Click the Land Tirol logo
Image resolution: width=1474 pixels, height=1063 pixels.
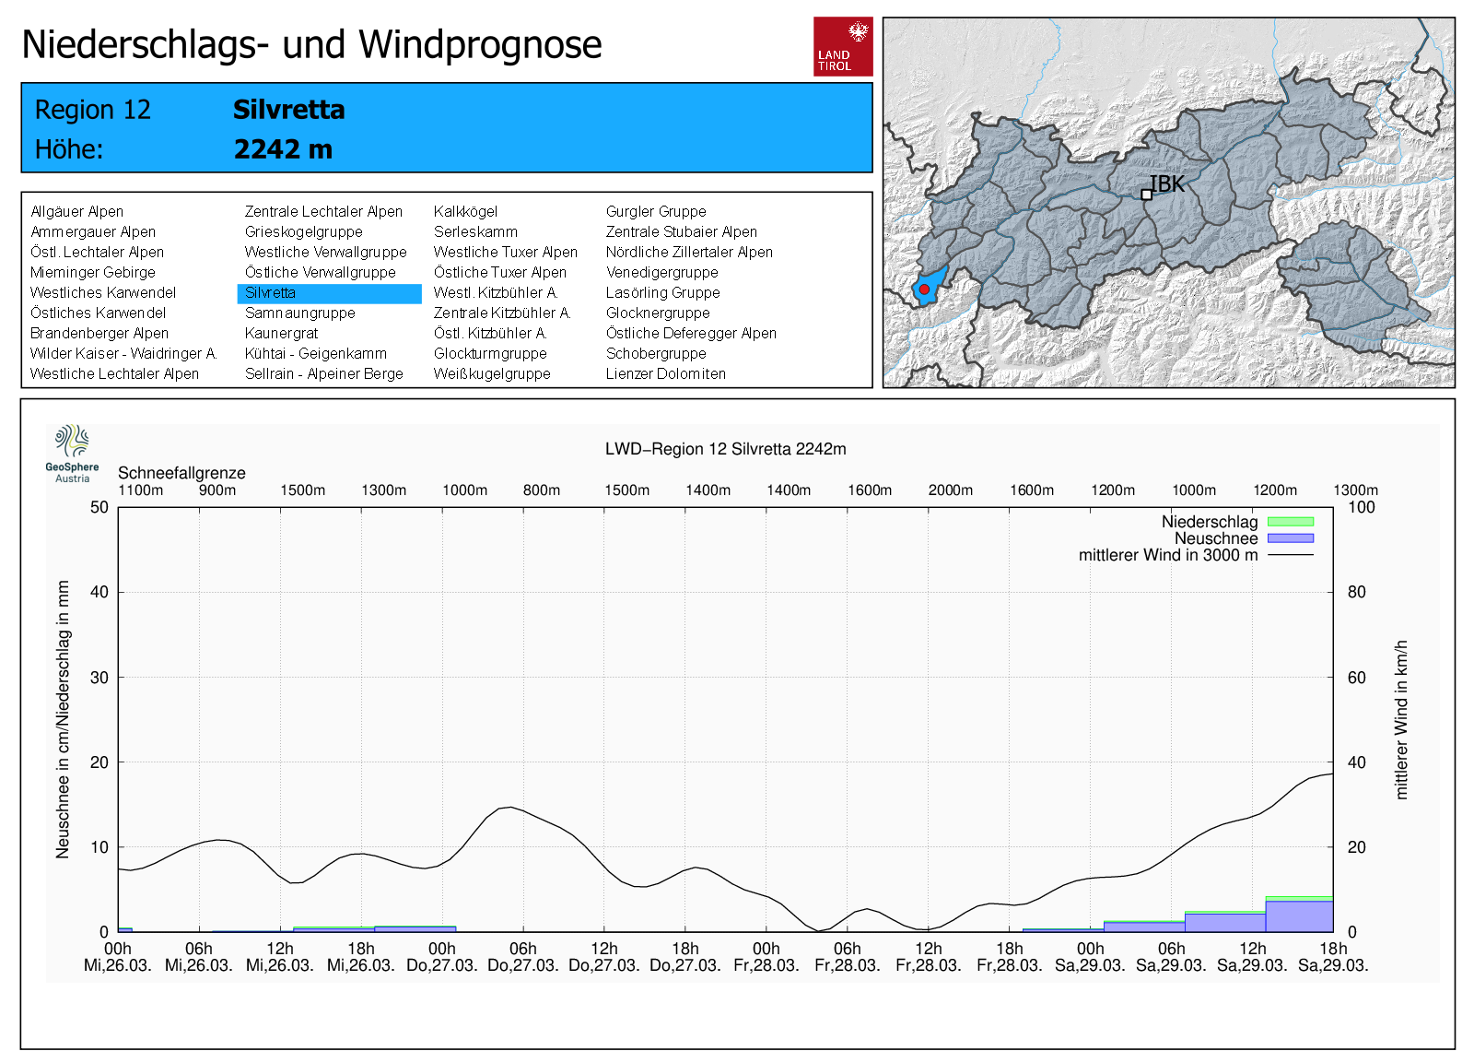tap(842, 46)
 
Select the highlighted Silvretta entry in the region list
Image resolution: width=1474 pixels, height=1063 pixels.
tap(270, 293)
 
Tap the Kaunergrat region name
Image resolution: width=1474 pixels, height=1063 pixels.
tap(281, 333)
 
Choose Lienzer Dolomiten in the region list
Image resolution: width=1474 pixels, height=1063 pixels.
tap(665, 373)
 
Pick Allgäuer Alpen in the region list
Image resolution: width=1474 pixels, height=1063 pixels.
tap(76, 211)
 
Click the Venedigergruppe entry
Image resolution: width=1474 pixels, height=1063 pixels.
tap(661, 272)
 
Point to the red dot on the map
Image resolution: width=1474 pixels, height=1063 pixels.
tap(924, 289)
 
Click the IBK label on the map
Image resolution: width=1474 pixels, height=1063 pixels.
tap(1168, 183)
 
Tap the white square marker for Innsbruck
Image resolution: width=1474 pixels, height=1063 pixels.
tap(1146, 195)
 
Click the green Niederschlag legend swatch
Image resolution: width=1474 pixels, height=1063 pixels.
tap(1290, 522)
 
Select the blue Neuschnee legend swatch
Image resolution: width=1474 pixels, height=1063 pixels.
tap(1290, 538)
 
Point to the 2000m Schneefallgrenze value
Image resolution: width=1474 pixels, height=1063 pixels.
tap(950, 490)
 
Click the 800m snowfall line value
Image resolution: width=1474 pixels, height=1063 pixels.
tap(542, 490)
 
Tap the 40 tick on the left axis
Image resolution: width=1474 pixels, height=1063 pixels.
tap(99, 592)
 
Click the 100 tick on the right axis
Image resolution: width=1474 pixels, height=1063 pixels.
tap(1361, 507)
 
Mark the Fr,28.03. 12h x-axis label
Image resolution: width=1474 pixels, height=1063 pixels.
tap(929, 957)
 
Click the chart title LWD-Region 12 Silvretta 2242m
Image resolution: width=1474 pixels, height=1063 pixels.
tap(725, 449)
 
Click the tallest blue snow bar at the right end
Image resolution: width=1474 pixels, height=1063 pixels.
tap(1299, 916)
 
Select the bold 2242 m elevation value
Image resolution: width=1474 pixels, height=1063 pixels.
tap(283, 149)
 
